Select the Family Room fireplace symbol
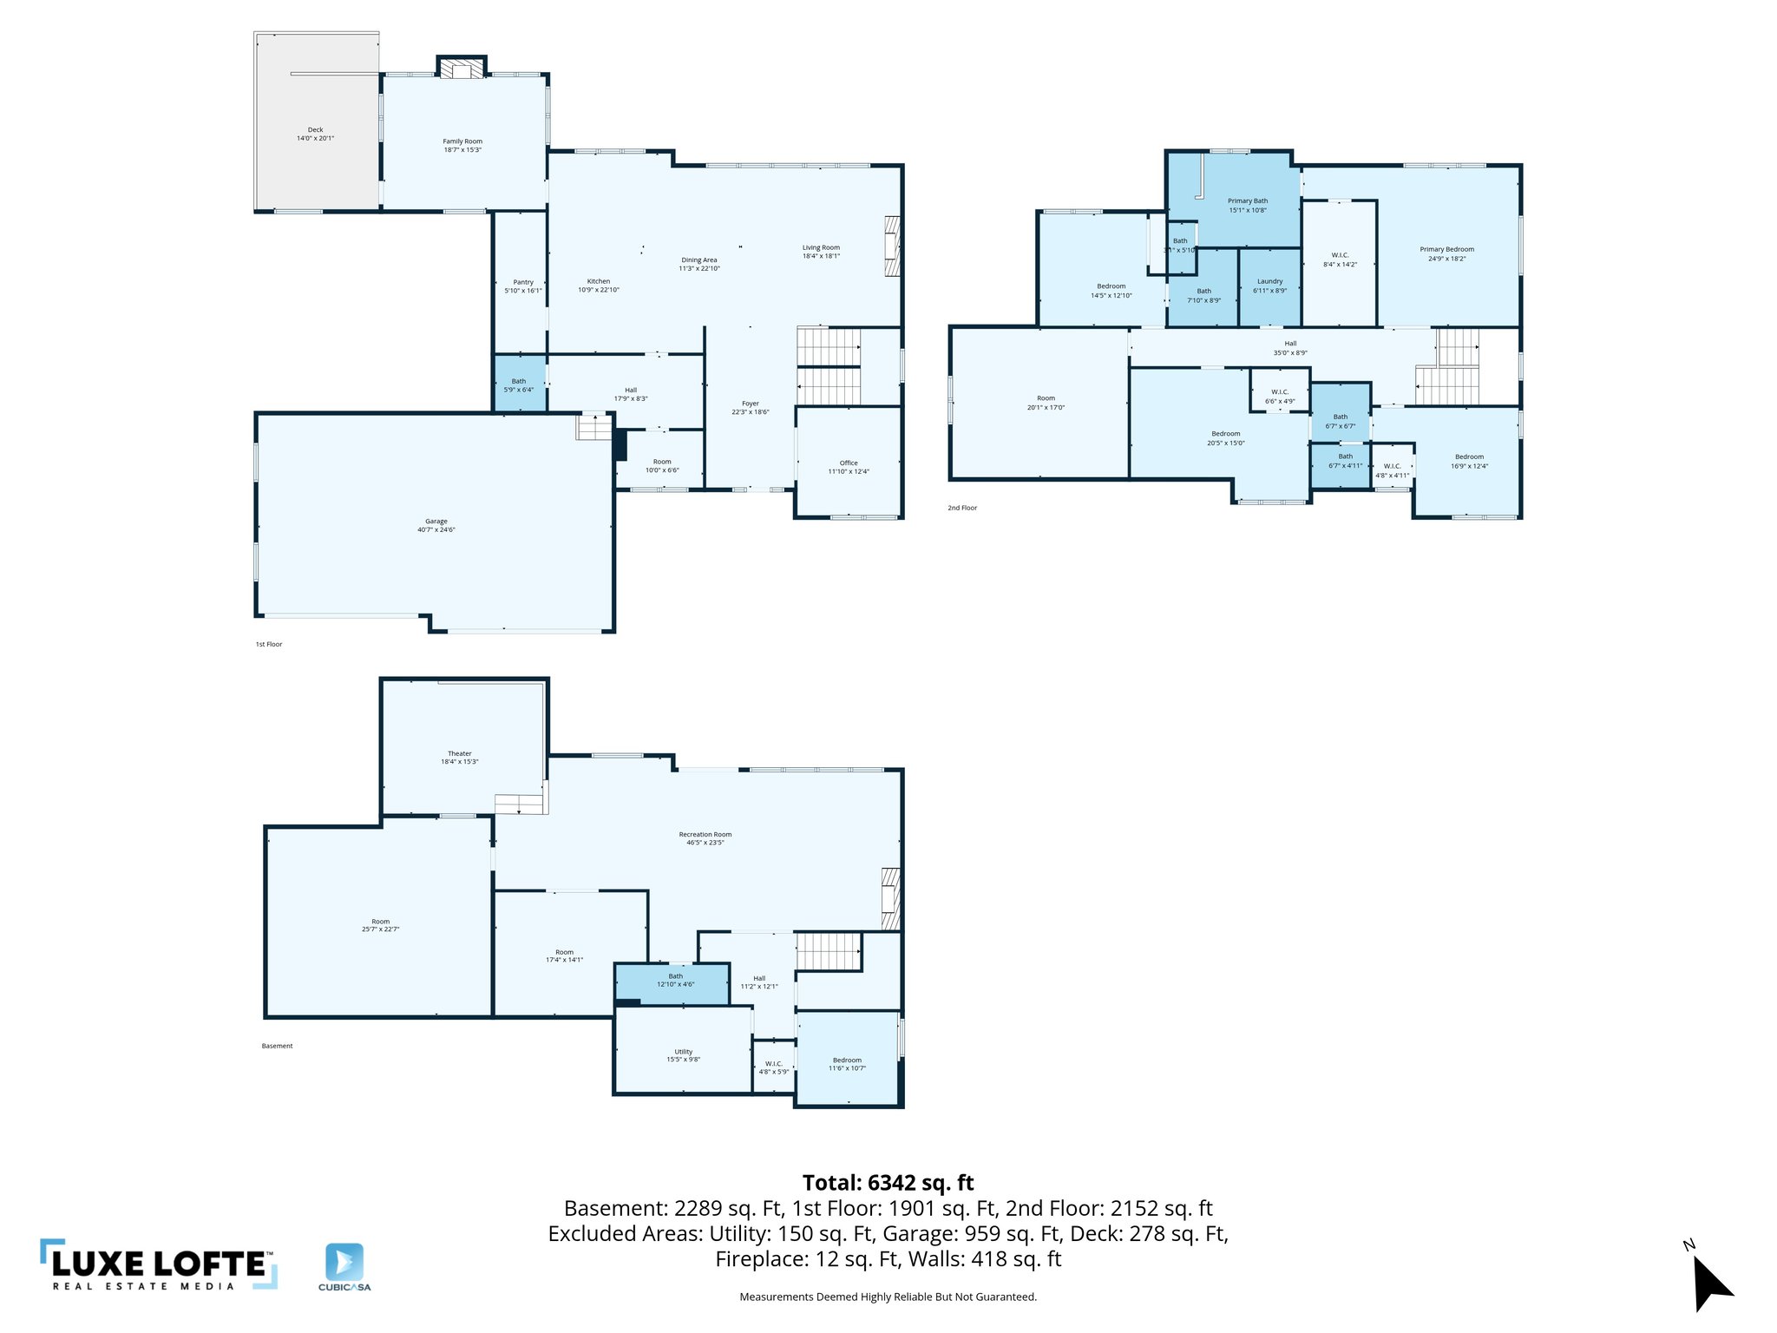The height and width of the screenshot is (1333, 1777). [x=461, y=68]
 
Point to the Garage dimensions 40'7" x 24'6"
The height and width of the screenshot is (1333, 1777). [x=436, y=529]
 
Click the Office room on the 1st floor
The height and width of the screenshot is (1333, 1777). [x=848, y=467]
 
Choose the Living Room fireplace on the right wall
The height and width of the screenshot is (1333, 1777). [x=892, y=246]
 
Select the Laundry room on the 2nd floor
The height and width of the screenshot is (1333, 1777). [x=1269, y=286]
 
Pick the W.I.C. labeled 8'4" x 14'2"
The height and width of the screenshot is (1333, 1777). [x=1340, y=259]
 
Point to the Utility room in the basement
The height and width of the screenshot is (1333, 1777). [x=683, y=1055]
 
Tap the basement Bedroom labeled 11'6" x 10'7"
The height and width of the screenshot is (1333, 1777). [x=847, y=1064]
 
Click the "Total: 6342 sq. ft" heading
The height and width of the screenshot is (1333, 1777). [x=888, y=1183]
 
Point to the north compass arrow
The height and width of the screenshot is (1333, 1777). [x=1710, y=1284]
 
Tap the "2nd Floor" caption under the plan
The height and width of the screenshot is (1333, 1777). [x=962, y=508]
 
